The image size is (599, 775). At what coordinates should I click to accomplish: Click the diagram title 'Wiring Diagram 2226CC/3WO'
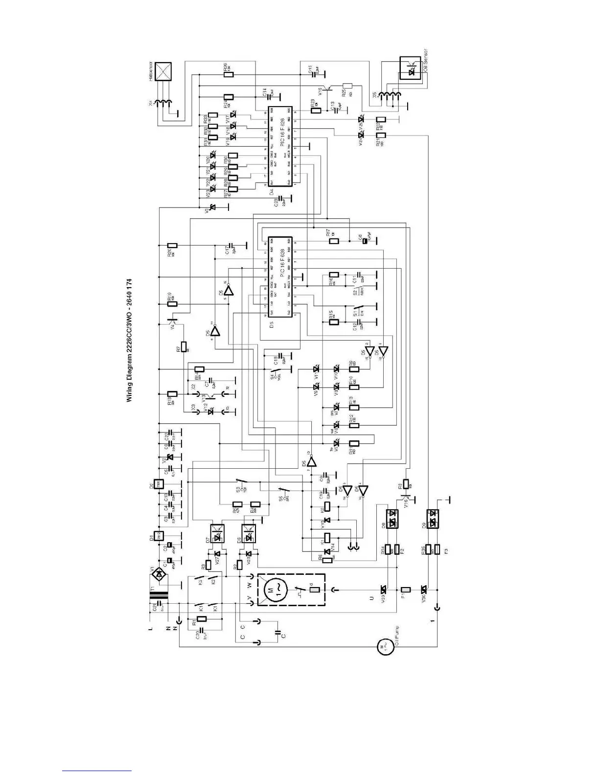coord(130,341)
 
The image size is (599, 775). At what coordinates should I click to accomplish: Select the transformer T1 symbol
coord(160,596)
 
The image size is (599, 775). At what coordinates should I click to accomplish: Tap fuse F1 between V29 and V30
coord(405,590)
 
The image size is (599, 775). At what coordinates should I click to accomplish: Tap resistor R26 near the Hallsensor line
coord(229,75)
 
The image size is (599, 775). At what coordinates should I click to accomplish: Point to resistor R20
coord(172,246)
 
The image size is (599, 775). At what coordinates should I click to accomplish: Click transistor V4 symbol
coord(171,323)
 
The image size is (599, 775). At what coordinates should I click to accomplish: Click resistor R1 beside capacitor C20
coord(201,618)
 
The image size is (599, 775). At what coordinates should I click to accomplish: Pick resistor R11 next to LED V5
coord(353,444)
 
